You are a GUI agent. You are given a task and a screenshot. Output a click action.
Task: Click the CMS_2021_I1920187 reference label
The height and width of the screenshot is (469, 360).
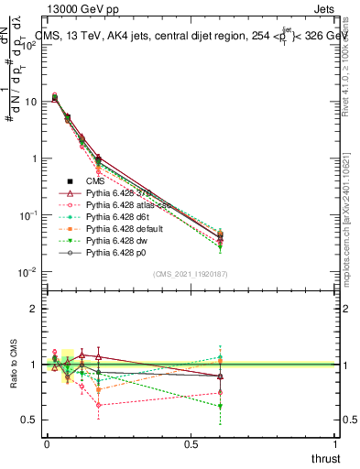[191, 273]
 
